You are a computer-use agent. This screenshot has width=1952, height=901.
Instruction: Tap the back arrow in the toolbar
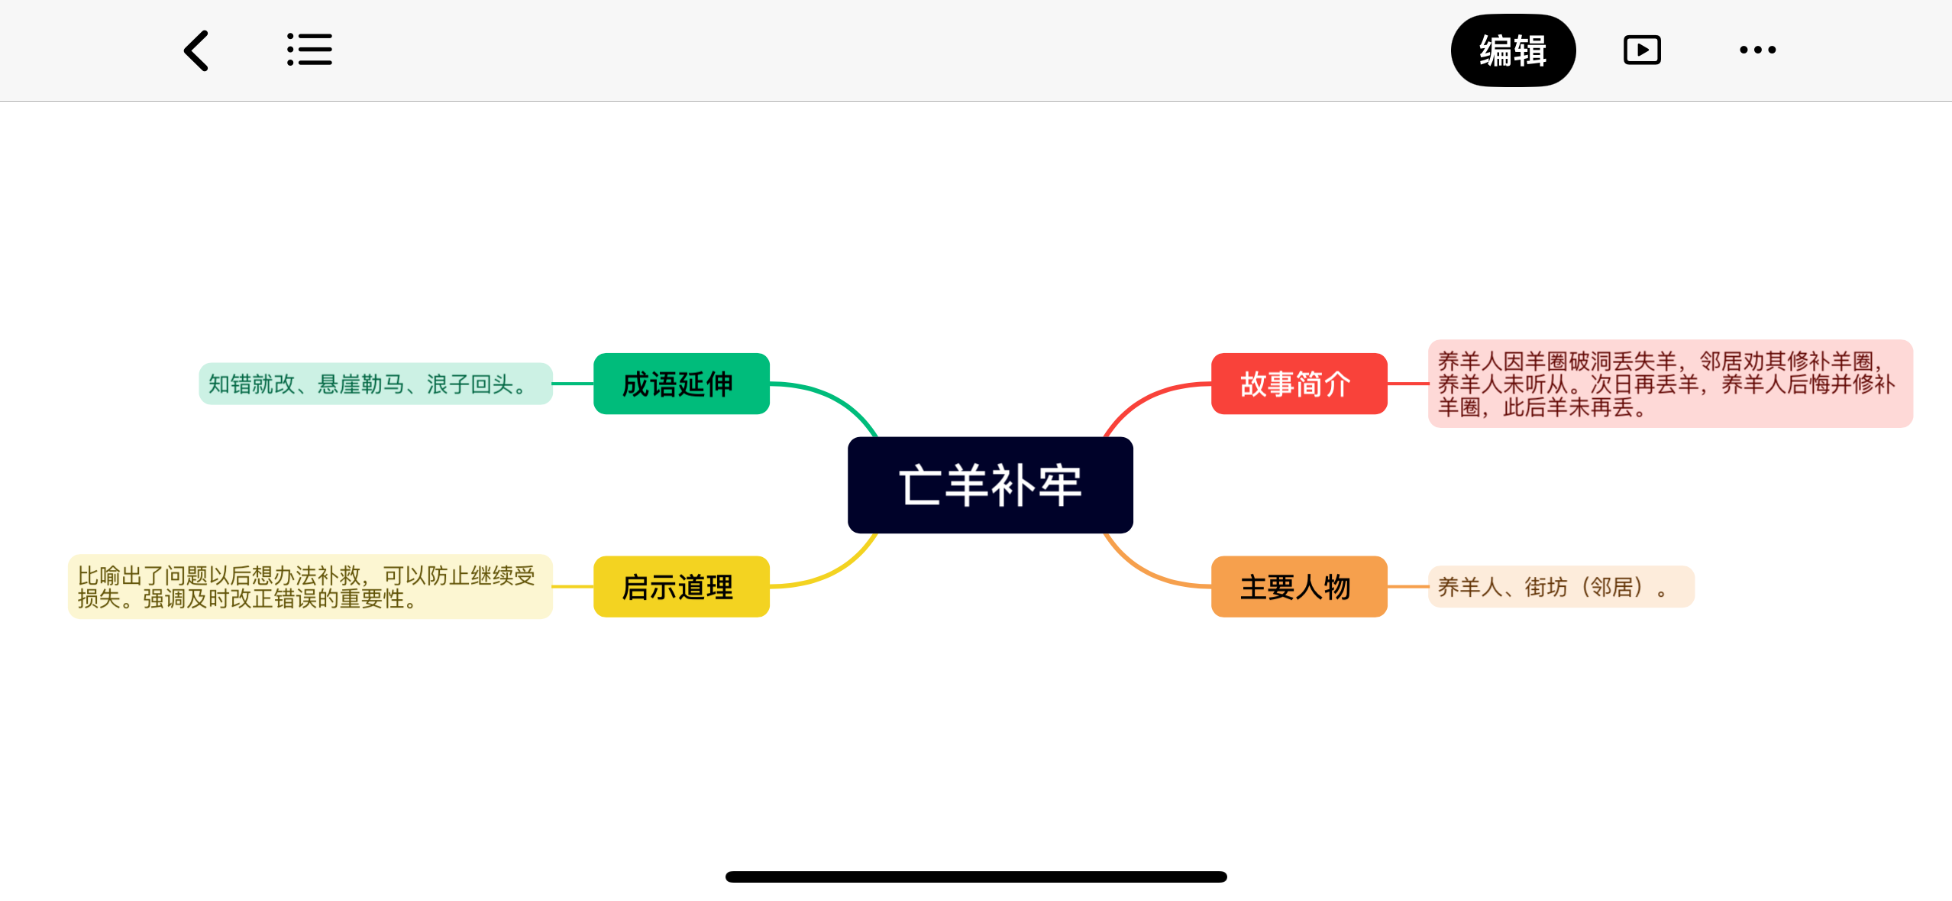pyautogui.click(x=196, y=50)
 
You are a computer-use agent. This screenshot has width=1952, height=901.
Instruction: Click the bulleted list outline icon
pyautogui.click(x=309, y=50)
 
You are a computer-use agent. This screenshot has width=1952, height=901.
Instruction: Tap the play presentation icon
pyautogui.click(x=1641, y=50)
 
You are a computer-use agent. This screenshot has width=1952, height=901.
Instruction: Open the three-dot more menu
pyautogui.click(x=1757, y=50)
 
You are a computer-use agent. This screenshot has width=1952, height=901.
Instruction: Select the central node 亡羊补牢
pyautogui.click(x=990, y=485)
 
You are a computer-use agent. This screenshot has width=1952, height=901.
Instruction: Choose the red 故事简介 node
pyautogui.click(x=1298, y=384)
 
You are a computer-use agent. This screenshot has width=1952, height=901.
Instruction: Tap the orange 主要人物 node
pyautogui.click(x=1298, y=586)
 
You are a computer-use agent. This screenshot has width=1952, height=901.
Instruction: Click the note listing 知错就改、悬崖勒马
pyautogui.click(x=374, y=384)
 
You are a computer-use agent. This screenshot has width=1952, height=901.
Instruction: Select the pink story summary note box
pyautogui.click(x=1669, y=384)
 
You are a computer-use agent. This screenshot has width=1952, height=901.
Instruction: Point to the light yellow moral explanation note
pyautogui.click(x=309, y=586)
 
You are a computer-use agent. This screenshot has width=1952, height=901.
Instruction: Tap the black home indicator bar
pyautogui.click(x=975, y=877)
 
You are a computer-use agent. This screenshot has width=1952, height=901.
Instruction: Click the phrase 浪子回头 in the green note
pyautogui.click(x=469, y=384)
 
